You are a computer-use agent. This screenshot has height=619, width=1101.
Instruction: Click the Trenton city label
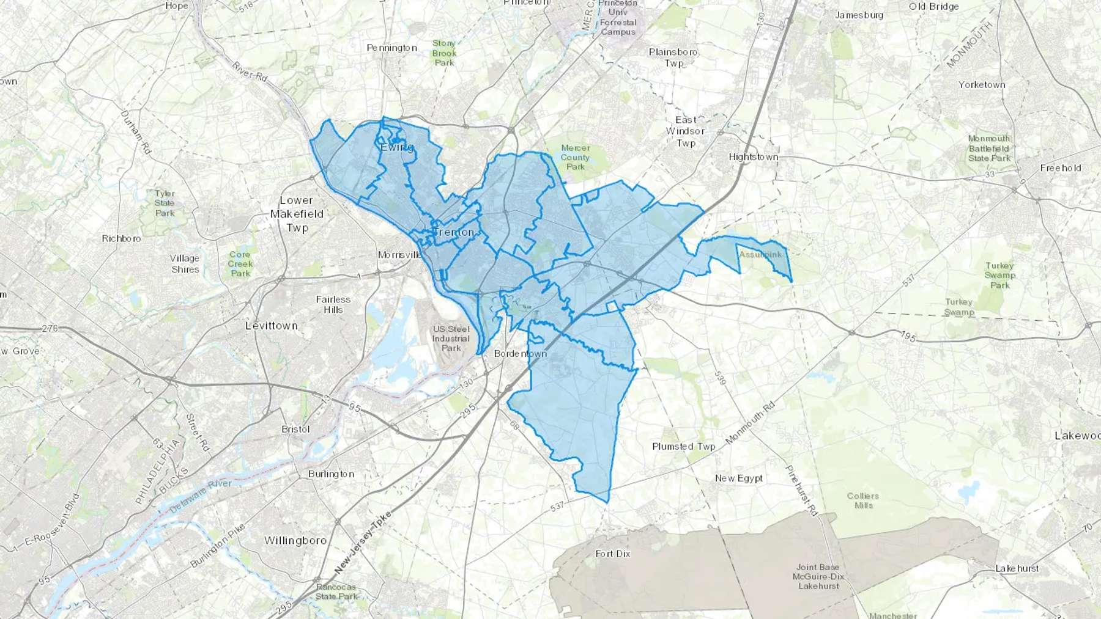pos(453,232)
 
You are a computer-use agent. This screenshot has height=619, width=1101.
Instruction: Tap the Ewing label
pos(397,147)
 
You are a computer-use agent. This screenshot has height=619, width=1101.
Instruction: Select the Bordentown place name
pos(521,354)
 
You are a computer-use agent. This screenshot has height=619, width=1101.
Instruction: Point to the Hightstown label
pos(754,157)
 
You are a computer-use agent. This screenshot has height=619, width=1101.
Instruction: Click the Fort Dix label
pos(613,554)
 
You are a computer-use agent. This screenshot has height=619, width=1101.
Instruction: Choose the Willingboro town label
pos(295,540)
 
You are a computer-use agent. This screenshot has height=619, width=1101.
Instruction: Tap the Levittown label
pos(272,326)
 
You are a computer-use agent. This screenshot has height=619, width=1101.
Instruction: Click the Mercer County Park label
pos(576,157)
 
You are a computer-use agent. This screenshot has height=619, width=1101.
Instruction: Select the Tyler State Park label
pos(165,203)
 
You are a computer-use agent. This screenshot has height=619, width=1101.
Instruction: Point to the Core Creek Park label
pos(240,264)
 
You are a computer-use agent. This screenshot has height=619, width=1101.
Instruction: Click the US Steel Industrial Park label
pos(451,339)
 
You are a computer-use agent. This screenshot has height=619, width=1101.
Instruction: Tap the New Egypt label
pos(739,478)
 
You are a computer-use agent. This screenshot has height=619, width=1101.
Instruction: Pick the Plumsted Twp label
pos(684,446)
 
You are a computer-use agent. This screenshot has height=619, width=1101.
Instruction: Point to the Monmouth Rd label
pos(751,422)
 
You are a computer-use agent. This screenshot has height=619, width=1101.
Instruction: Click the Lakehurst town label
pos(1017,568)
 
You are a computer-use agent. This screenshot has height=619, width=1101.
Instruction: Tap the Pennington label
pos(391,48)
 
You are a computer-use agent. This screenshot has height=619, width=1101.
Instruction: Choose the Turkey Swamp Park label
pos(1000,275)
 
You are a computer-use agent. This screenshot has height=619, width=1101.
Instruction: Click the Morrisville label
pos(400,255)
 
